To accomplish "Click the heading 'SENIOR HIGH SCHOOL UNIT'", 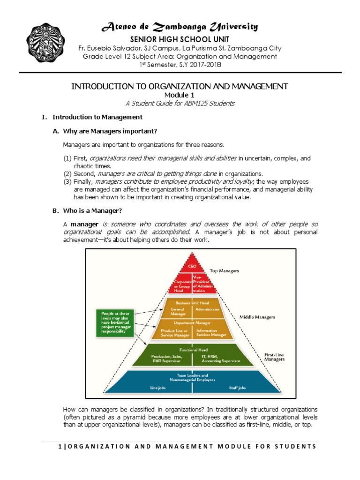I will [180, 39].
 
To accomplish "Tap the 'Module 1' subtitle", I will [180, 95].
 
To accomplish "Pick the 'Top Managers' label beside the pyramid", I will [225, 271].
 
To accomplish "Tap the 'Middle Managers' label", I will [257, 317].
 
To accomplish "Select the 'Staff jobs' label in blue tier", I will [224, 388].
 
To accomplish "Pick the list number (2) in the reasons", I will [67, 173].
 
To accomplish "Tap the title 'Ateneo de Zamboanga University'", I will [180, 27].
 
